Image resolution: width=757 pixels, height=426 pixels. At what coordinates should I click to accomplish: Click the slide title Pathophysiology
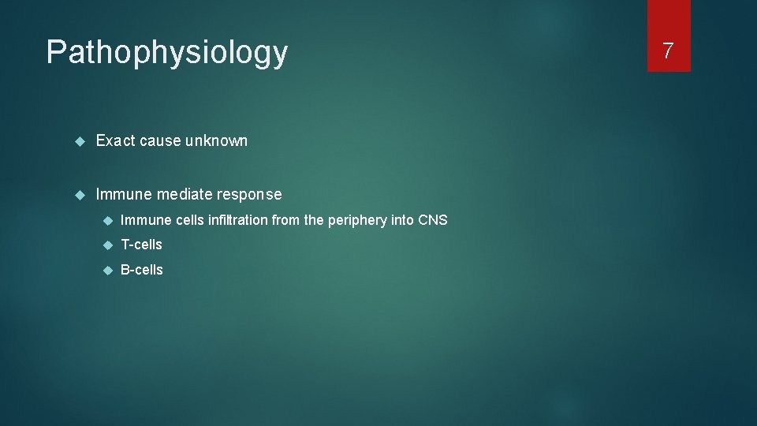point(167,53)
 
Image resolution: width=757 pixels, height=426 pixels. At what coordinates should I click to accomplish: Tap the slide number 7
point(668,51)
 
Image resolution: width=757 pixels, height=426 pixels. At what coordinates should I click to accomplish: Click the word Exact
point(114,141)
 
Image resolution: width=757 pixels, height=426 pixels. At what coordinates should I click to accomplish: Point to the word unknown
point(216,141)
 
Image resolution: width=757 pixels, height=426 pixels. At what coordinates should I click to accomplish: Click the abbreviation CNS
point(432,220)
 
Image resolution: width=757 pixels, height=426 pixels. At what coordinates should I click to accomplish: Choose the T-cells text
point(141,245)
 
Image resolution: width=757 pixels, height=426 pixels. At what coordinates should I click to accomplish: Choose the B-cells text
point(141,270)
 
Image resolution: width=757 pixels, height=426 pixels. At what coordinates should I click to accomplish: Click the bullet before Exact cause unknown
point(78,141)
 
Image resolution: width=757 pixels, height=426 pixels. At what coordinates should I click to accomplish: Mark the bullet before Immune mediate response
point(78,194)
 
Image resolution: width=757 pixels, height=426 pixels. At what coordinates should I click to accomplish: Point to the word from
point(285,220)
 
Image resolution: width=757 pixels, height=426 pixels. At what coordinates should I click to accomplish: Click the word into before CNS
point(401,220)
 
